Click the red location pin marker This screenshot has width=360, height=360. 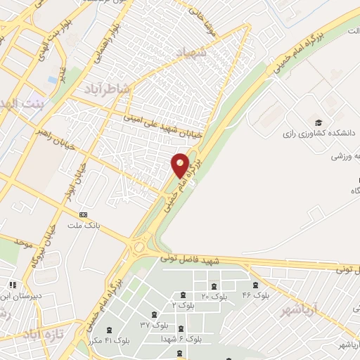180,165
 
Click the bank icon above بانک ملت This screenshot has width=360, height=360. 84,214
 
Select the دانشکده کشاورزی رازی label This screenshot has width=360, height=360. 317,132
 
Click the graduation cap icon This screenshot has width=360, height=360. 319,121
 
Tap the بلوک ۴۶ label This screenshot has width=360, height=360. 256,295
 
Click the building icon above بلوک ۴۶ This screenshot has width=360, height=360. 255,285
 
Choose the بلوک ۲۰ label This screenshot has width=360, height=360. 214,297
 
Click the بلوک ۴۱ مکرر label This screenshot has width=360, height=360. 104,340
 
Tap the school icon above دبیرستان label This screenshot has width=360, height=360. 12,285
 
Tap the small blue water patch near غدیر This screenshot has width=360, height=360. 53,79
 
